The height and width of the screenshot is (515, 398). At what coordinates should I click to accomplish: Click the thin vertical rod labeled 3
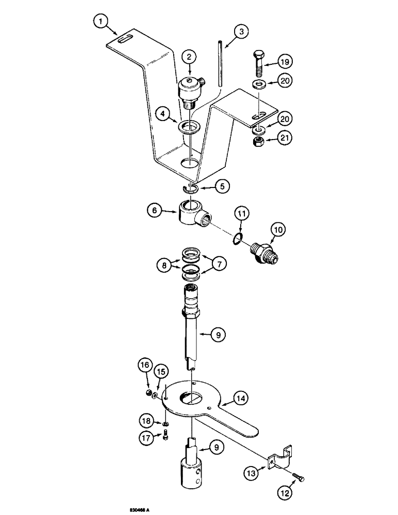[219, 64]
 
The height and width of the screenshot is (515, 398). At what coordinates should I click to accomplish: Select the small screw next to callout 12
[296, 477]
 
